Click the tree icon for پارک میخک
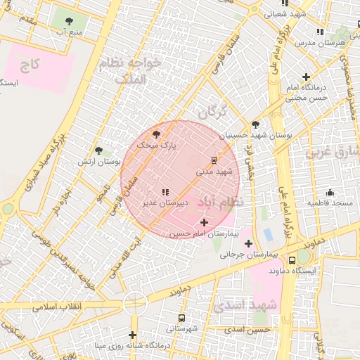coord(156,134)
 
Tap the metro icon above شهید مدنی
coord(214,160)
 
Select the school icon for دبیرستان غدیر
coord(165,192)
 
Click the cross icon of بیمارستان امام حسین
coord(204,222)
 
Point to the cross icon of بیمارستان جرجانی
coord(248,243)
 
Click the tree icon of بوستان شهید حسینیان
coord(255,124)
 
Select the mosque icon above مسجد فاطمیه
coord(330,193)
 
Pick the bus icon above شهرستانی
coord(182,318)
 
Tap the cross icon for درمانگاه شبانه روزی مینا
coord(132,335)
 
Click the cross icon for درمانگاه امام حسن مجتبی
coord(306,77)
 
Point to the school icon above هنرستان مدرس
coord(320,32)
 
